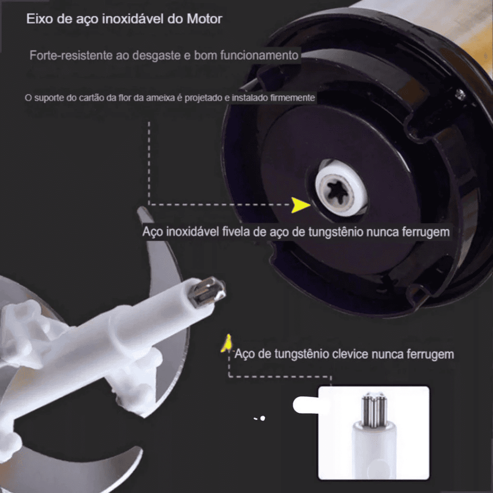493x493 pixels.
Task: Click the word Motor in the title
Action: [205, 19]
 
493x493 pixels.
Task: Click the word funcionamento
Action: [259, 55]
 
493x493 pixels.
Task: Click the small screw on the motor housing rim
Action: [461, 94]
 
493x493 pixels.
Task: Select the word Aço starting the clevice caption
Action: [245, 354]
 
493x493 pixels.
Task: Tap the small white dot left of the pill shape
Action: [262, 418]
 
